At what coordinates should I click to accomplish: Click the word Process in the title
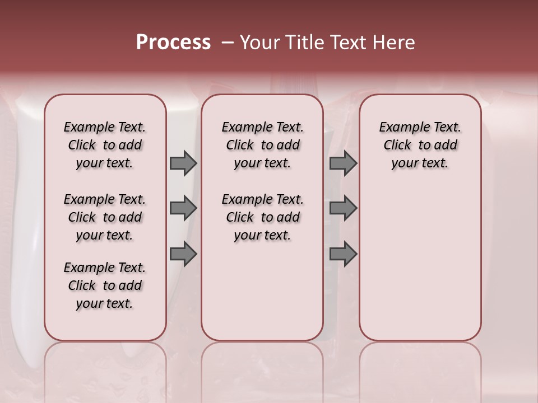[173, 42]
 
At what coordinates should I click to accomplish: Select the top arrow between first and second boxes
[183, 163]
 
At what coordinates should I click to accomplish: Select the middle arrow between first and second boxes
[183, 208]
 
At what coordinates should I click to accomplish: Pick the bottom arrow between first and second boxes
[183, 254]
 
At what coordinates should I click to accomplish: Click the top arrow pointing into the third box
[343, 163]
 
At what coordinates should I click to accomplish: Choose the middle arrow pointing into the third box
[343, 208]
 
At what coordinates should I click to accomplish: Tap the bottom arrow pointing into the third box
[343, 254]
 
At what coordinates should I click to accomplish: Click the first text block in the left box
[105, 145]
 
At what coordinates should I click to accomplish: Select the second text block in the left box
[105, 217]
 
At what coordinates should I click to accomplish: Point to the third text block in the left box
[105, 285]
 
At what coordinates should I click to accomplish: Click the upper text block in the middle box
[262, 145]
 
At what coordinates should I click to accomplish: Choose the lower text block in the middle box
[262, 217]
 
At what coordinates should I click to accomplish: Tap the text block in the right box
[420, 145]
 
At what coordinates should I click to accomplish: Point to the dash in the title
[227, 42]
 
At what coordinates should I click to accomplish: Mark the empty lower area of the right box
[420, 263]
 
